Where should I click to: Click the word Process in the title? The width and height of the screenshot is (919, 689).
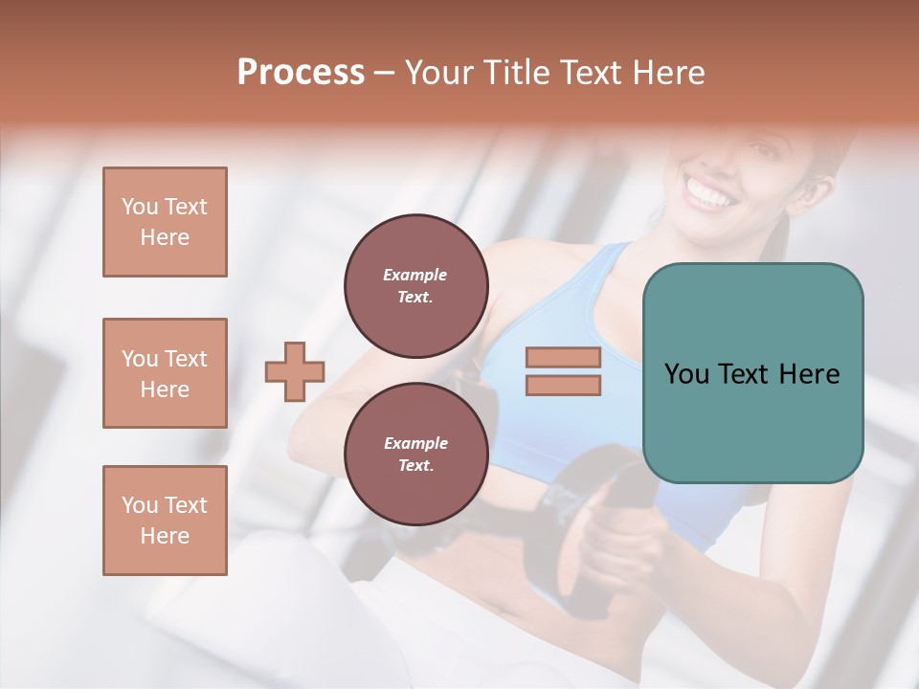click(x=301, y=73)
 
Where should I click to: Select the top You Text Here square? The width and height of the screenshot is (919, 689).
click(x=165, y=222)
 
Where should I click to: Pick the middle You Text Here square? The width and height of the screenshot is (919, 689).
click(x=165, y=373)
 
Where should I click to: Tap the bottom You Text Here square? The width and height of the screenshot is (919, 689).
click(x=165, y=521)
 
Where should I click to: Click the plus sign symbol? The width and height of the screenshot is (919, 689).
click(x=295, y=371)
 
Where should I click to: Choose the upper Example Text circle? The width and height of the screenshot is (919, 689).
click(x=415, y=286)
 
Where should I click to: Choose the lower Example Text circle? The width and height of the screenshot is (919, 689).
click(x=415, y=455)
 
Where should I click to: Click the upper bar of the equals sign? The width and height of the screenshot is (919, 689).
click(x=563, y=358)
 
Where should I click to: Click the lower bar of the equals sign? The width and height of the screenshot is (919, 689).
click(x=563, y=385)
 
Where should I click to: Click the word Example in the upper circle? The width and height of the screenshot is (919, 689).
click(x=415, y=275)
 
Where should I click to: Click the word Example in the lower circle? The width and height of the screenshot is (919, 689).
click(x=415, y=443)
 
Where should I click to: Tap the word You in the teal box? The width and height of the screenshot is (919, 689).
click(x=686, y=374)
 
